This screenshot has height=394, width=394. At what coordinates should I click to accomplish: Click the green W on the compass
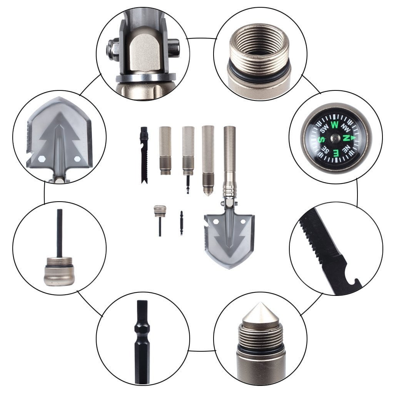point(334,125)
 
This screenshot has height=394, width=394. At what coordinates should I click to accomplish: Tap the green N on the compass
point(346,138)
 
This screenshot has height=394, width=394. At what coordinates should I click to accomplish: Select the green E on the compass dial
point(336,152)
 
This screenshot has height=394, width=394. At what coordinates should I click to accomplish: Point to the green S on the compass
point(321,139)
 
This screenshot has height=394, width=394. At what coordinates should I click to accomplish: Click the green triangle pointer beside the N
point(353,138)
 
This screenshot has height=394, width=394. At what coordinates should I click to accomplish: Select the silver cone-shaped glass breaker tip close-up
point(260,313)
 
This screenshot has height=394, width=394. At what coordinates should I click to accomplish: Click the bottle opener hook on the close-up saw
point(353,283)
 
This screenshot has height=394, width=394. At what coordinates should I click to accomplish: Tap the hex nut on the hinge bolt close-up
point(112,50)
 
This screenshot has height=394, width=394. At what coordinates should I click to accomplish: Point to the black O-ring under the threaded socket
point(259,74)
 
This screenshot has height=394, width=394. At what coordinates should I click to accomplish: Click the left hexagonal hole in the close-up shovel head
point(41,159)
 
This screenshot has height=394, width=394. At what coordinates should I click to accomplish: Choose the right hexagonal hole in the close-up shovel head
point(77,159)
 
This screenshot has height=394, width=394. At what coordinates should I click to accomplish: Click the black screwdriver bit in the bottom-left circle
point(142,342)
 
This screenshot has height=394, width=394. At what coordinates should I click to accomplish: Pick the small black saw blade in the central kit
point(144,155)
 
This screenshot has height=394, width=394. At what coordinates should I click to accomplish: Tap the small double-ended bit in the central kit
point(182,223)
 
